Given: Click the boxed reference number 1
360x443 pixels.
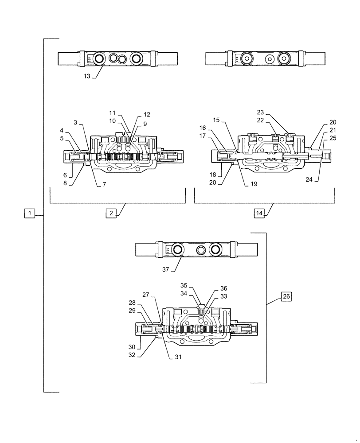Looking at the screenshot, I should [29, 214].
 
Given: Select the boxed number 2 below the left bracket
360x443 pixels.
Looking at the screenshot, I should [110, 213].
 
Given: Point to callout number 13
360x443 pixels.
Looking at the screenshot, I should [86, 76].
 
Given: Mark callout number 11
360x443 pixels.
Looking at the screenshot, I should [112, 113].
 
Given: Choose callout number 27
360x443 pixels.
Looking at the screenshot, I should [146, 294].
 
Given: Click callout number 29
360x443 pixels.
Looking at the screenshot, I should [132, 311].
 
